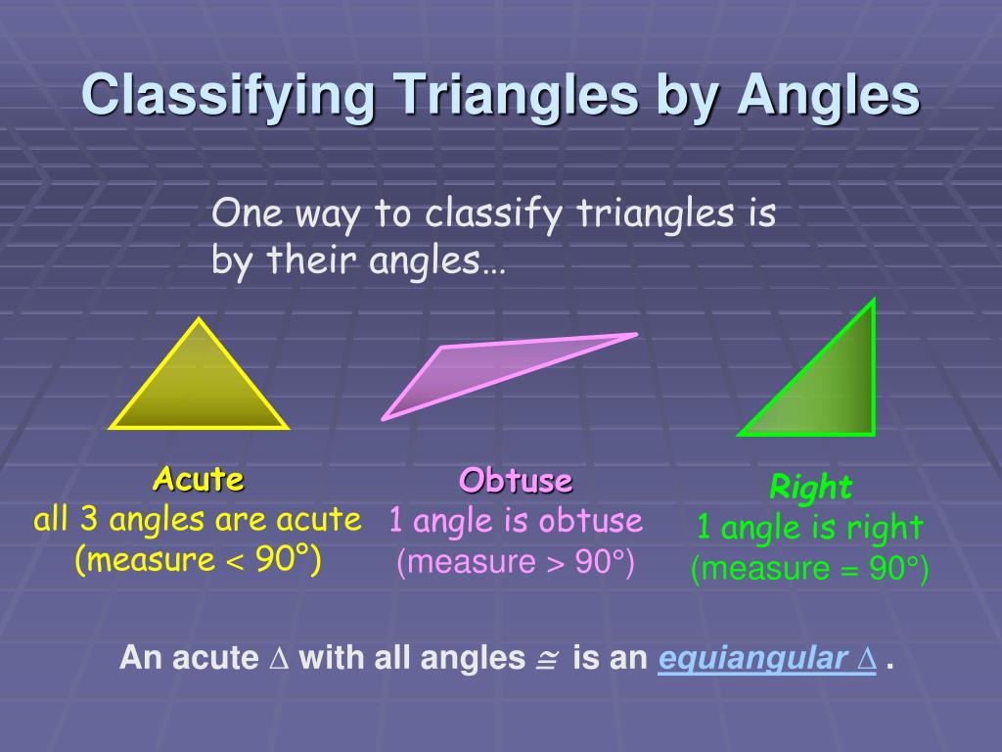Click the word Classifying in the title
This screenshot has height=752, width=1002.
[x=228, y=96]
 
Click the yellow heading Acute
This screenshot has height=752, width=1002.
[x=199, y=480]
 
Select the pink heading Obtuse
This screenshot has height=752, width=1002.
[x=516, y=481]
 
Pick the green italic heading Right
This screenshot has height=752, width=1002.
[x=811, y=487]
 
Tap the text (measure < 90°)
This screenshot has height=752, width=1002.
[x=199, y=560]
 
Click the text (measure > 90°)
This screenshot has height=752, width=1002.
[x=516, y=563]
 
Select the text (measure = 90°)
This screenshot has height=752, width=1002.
[x=809, y=569]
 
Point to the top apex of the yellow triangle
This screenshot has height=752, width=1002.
[x=200, y=320]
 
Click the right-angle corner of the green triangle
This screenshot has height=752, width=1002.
[x=871, y=432]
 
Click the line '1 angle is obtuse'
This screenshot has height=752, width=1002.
[x=516, y=521]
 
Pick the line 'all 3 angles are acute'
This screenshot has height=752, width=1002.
[x=198, y=519]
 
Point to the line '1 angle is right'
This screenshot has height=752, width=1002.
[x=809, y=528]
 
